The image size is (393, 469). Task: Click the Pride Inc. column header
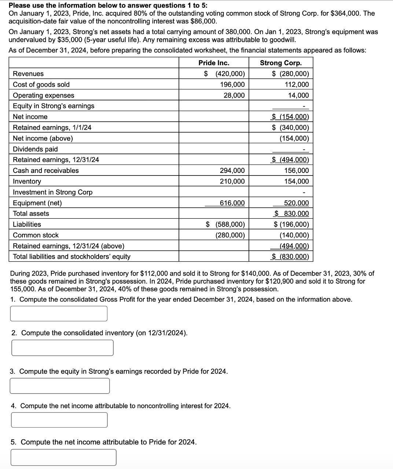pyautogui.click(x=214, y=63)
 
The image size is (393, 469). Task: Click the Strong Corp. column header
pyautogui.click(x=281, y=63)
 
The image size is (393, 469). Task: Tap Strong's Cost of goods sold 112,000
pyautogui.click(x=297, y=85)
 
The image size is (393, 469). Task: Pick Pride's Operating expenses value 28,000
pyautogui.click(x=234, y=95)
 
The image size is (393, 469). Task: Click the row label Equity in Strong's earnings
pyautogui.click(x=54, y=106)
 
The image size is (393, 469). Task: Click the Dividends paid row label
pyautogui.click(x=35, y=149)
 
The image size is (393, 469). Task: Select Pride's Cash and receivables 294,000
pyautogui.click(x=232, y=170)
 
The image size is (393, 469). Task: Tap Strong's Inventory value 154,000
pyautogui.click(x=297, y=181)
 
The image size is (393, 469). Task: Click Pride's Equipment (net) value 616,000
pyautogui.click(x=232, y=203)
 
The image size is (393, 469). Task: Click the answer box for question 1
pyautogui.click(x=59, y=314)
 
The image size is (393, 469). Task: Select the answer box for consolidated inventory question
pyautogui.click(x=62, y=348)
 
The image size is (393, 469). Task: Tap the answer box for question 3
pyautogui.click(x=60, y=386)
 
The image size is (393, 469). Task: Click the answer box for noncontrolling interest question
pyautogui.click(x=59, y=420)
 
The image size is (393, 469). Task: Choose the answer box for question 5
pyautogui.click(x=63, y=457)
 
